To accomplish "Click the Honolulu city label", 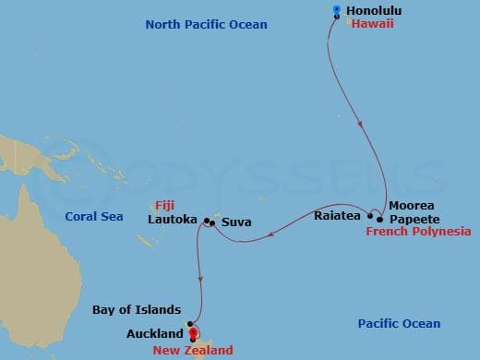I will (x=373, y=11).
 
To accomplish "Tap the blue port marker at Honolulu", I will (x=335, y=11).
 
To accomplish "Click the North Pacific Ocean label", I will (x=206, y=24).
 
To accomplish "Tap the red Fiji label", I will (x=166, y=206).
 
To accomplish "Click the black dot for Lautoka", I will (x=206, y=221).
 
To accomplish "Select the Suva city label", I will (x=234, y=222).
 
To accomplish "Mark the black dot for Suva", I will (x=213, y=223).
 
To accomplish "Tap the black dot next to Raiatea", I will (x=371, y=216).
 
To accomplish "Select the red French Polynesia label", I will (x=418, y=232).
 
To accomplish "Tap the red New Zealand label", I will (x=193, y=350).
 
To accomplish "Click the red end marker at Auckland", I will (x=193, y=335).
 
